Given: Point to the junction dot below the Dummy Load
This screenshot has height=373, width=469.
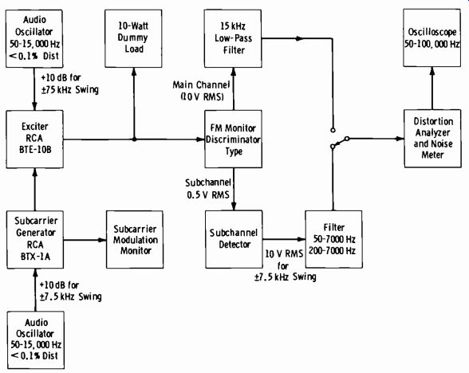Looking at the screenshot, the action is click(x=134, y=139).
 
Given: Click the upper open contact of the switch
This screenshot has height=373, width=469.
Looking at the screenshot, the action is click(x=333, y=130).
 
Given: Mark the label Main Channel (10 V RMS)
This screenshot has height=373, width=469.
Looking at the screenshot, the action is click(x=201, y=91).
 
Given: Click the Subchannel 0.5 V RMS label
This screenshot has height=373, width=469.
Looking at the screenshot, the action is click(x=208, y=189).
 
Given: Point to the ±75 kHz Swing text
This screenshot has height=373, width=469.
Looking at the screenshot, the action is click(x=70, y=89).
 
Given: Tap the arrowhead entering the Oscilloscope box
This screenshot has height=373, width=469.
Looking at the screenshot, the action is click(x=432, y=71).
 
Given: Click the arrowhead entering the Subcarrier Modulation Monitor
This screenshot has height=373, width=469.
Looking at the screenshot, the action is click(x=103, y=240).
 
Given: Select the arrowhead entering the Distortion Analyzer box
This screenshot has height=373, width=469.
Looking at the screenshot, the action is click(x=400, y=139).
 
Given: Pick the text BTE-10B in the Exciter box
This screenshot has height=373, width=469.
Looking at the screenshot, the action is click(x=35, y=150).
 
